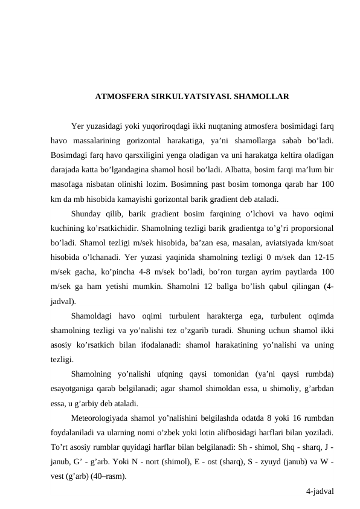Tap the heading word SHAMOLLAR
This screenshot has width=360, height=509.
click(x=261, y=96)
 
